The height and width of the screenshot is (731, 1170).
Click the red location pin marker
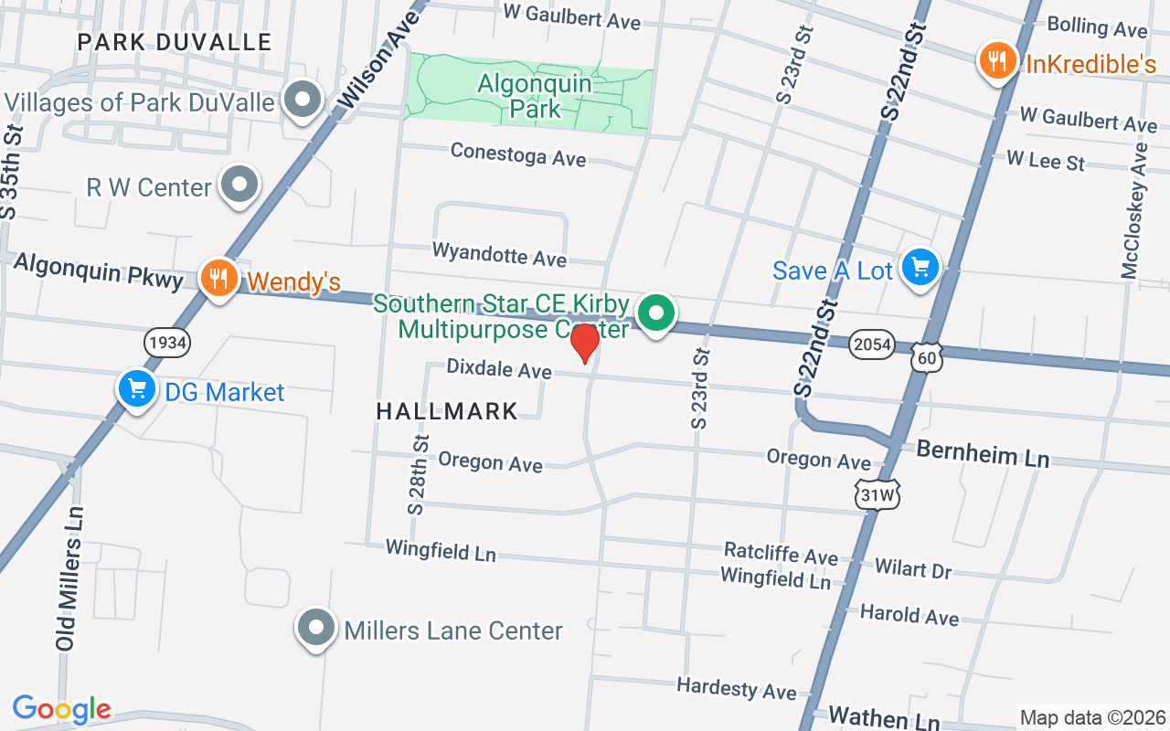[584, 343]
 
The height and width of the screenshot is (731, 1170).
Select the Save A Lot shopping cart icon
[920, 268]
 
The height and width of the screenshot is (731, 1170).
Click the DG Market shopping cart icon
[136, 389]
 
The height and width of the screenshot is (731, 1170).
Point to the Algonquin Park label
[535, 96]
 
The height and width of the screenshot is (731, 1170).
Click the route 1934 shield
[166, 343]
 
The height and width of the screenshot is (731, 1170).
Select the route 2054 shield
[870, 344]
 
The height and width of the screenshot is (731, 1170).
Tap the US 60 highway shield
[927, 357]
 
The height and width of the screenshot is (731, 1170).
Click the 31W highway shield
[877, 494]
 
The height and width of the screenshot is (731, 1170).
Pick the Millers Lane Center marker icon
[316, 628]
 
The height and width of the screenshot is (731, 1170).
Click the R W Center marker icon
[239, 185]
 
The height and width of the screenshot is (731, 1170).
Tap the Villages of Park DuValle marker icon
[303, 100]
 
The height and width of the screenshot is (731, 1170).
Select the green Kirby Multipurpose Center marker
[654, 313]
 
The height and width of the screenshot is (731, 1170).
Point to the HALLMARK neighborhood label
[447, 411]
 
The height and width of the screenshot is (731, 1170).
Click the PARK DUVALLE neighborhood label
[174, 42]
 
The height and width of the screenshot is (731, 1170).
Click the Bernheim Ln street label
[983, 452]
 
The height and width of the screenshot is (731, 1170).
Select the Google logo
[61, 709]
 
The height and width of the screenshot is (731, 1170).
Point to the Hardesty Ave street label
[736, 687]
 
